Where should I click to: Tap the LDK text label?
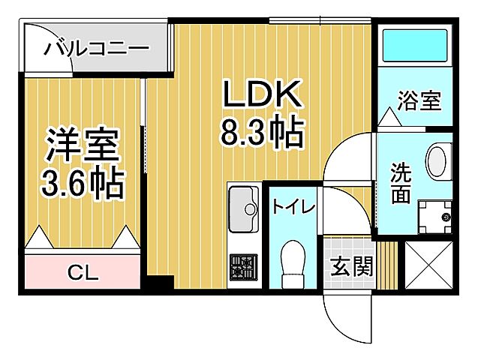pyautogui.click(x=260, y=95)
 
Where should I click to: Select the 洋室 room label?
pyautogui.click(x=83, y=145)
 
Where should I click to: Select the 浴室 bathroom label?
pyautogui.click(x=419, y=100)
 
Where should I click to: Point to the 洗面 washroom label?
pyautogui.click(x=401, y=182)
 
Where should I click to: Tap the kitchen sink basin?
pyautogui.click(x=242, y=204)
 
